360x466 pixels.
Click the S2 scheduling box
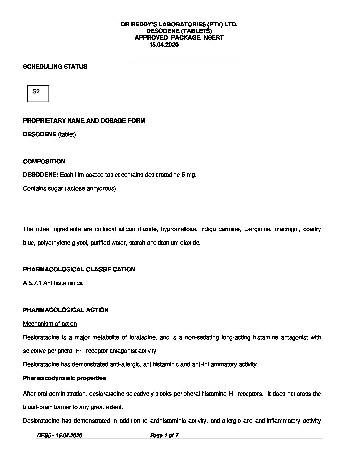pos(38,93)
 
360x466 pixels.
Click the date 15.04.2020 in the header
pos(164,45)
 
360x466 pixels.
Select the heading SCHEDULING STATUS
pos(55,67)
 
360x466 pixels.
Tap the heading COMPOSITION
pos(44,162)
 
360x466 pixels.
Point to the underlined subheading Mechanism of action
pos(50,324)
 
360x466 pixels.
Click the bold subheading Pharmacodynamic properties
pos(65,378)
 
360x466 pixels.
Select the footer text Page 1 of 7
pos(164,436)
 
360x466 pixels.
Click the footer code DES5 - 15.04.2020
pos(60,436)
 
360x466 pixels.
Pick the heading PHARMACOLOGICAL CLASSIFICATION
pos(79,269)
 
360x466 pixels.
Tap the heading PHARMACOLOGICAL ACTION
pos(66,310)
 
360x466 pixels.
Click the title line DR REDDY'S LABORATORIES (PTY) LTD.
pos(179,24)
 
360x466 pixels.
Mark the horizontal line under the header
pos(189,63)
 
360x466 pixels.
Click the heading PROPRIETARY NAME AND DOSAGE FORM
pos(84,121)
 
